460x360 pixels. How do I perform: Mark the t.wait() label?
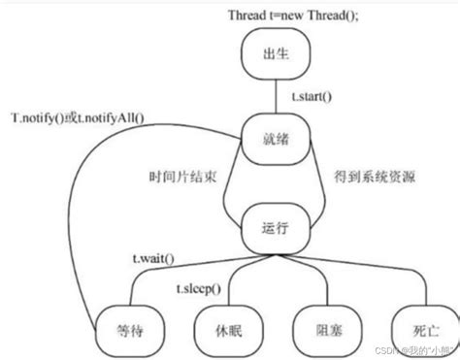156,259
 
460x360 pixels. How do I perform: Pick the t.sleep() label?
198,290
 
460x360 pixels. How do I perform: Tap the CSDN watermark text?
408,351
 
